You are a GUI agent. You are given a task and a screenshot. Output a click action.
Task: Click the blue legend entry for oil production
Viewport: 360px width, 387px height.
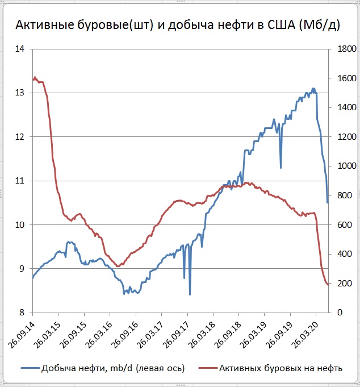108,368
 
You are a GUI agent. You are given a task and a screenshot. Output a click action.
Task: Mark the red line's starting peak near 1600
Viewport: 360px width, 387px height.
35,77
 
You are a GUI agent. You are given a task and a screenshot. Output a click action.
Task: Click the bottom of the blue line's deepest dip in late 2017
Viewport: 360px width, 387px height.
190,294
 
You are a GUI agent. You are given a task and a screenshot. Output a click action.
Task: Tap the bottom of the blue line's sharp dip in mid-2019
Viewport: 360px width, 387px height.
281,168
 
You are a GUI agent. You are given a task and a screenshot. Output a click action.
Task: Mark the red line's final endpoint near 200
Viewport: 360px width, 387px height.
328,284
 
